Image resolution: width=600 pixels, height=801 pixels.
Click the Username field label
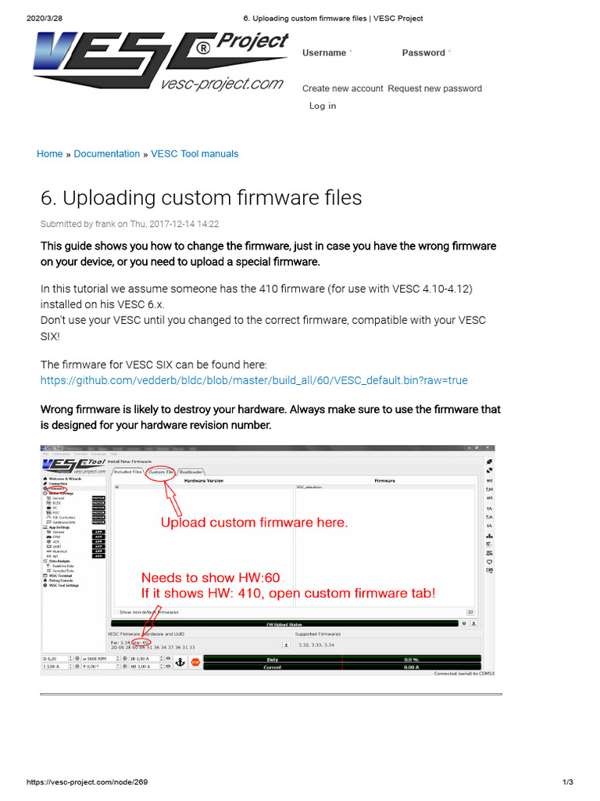pos(324,53)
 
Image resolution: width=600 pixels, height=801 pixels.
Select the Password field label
pos(423,53)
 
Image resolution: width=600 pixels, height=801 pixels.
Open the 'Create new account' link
pos(342,88)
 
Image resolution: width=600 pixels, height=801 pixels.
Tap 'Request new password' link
pos(434,88)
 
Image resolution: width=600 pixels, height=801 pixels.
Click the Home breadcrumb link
pos(49,154)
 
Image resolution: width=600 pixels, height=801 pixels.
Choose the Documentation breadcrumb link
pos(107,154)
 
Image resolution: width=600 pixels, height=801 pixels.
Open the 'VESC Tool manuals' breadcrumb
pos(195,154)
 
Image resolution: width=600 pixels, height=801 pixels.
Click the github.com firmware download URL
pos(254,381)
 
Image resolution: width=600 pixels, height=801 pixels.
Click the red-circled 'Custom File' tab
pos(161,472)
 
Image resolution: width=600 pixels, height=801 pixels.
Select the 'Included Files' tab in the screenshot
pos(127,472)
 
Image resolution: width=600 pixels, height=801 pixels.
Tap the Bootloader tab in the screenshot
pos(192,472)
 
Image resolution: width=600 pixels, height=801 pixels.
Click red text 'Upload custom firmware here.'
pos(254,523)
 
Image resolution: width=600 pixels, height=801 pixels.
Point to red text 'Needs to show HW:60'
pos(210,578)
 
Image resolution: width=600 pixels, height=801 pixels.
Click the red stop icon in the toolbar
pos(195,662)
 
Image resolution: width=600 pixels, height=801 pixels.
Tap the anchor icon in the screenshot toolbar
pos(180,662)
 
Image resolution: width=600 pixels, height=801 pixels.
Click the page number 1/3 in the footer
pos(568,782)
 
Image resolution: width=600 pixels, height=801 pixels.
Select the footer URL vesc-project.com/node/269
pos(87,782)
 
